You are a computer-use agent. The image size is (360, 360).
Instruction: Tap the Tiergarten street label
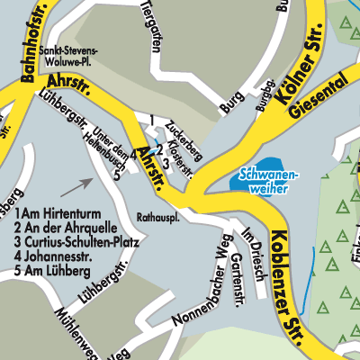coord(149,17)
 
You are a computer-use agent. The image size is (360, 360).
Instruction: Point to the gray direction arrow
coord(78,186)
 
